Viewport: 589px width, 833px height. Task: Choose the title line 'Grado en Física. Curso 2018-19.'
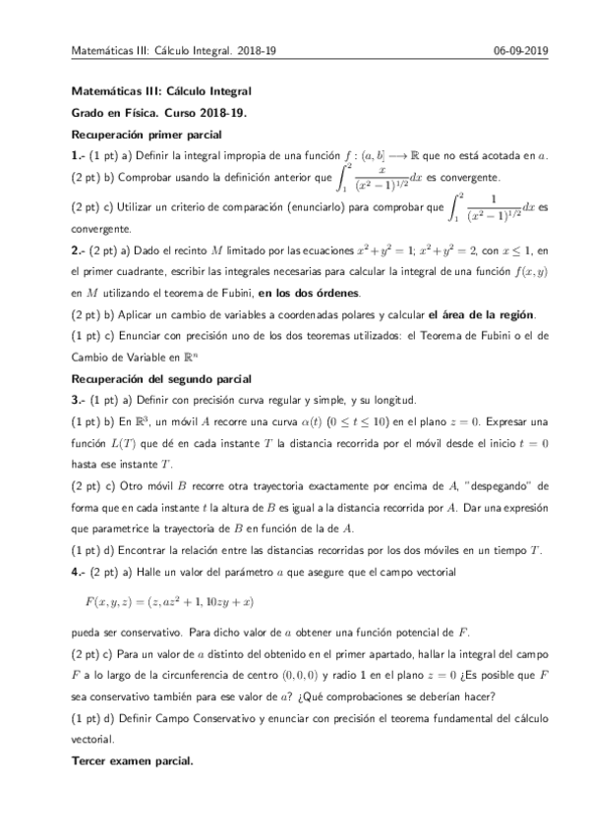click(148, 113)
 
